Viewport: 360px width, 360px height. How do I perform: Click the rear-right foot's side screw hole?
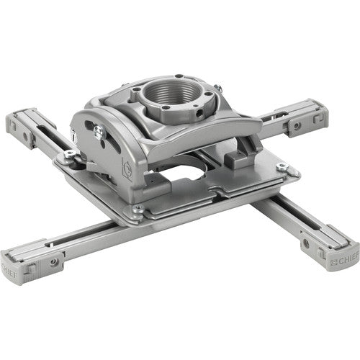click(x=294, y=126)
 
